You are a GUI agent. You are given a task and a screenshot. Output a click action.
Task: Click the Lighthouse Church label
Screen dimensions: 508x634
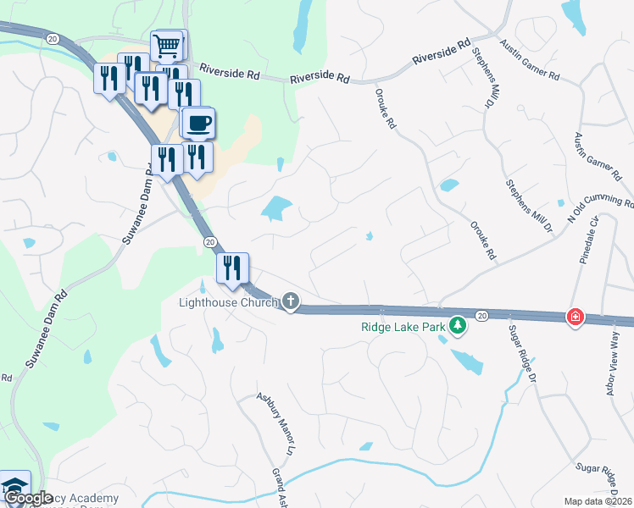[228, 302]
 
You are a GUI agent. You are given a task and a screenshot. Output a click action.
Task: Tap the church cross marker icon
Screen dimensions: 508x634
[291, 301]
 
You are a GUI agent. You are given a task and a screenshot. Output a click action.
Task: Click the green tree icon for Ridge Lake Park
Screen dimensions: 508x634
[458, 325]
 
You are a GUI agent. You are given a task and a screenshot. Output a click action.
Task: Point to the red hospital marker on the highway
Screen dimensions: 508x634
[575, 317]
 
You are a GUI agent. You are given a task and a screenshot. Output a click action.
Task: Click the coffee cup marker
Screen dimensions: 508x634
[198, 124]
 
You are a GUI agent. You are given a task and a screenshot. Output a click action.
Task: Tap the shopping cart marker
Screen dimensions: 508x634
[168, 44]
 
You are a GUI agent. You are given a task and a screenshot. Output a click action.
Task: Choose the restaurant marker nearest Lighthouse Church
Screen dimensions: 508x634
[231, 268]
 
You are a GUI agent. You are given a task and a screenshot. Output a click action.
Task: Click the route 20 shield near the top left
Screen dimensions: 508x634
[53, 39]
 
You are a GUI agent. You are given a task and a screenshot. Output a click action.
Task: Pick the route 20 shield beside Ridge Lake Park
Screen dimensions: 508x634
[481, 316]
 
